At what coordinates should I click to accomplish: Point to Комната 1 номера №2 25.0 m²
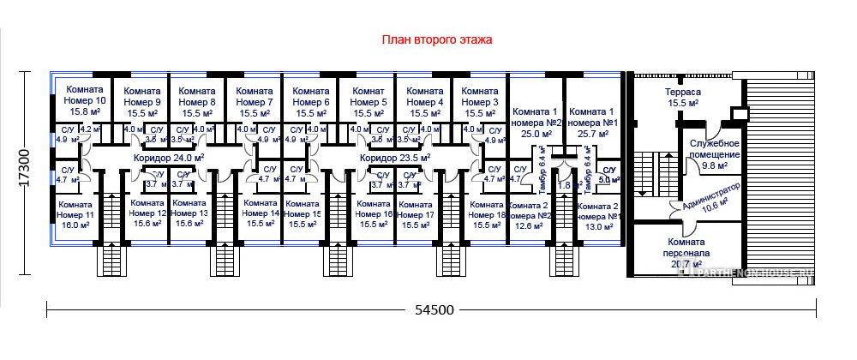click(x=536, y=122)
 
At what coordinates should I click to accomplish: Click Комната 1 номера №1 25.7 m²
click(x=592, y=122)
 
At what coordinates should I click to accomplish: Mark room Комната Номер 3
click(x=479, y=101)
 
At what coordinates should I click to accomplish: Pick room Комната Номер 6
click(x=311, y=101)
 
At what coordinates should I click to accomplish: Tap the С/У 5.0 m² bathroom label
click(x=608, y=176)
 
